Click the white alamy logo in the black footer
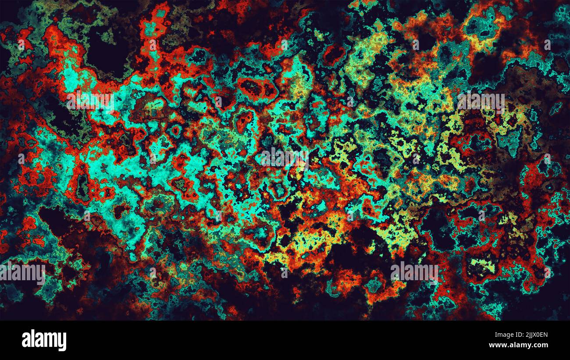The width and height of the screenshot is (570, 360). click(44, 340)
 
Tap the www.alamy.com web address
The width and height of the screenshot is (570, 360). click(518, 345)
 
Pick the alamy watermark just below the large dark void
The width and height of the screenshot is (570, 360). click(90, 101)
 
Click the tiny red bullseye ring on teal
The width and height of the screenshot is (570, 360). click(176, 130)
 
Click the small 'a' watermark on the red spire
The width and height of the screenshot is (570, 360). click(153, 44)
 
